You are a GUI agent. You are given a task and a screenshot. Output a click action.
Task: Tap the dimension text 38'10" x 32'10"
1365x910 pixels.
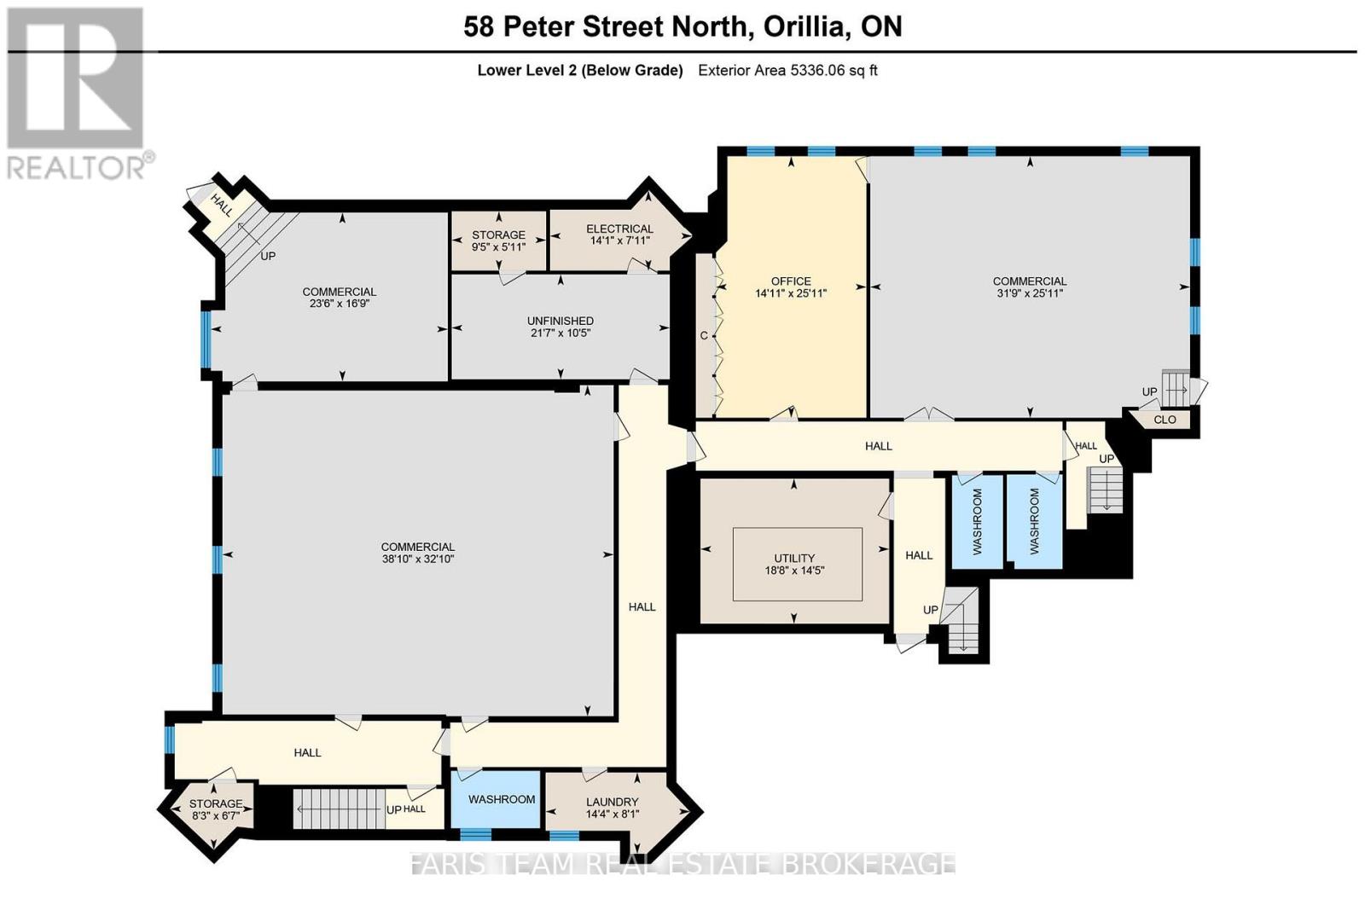[418, 559]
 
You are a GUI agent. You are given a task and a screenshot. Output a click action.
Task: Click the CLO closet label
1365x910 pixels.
[1165, 420]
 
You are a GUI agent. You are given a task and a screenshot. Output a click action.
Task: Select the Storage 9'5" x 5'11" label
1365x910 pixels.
[498, 241]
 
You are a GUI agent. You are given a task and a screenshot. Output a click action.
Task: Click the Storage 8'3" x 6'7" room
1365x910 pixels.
[215, 809]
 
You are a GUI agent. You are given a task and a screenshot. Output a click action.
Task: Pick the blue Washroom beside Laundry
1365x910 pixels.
[502, 799]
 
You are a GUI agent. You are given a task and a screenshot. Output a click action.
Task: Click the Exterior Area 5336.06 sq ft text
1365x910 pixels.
[787, 71]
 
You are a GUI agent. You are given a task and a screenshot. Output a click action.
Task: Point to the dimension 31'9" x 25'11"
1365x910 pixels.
[1030, 293]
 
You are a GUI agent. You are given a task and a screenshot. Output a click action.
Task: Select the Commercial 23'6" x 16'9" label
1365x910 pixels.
[339, 297]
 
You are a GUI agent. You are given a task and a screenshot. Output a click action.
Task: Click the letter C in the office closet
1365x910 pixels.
[704, 335]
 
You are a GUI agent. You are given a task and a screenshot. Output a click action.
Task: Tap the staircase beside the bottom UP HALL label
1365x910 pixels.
[336, 808]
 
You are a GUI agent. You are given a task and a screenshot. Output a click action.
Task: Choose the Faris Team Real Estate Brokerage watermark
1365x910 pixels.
[682, 863]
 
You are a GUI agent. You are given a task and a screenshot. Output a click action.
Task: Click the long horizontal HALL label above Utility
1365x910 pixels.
[878, 446]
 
